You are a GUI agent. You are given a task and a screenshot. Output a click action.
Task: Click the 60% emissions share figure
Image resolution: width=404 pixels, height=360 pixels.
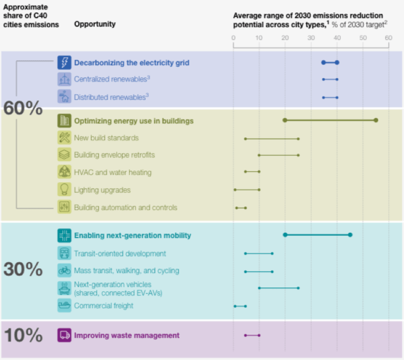pos(23,108)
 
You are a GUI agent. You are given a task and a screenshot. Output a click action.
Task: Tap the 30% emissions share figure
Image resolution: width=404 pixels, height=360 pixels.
pos(23,270)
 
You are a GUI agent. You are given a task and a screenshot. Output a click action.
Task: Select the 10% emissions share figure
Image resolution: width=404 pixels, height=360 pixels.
pos(23,335)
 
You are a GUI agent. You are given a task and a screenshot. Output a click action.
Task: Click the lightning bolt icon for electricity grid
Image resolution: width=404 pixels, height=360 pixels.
pos(64,63)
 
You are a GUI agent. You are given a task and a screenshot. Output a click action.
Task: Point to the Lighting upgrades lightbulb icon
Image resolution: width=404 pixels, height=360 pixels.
pos(64,190)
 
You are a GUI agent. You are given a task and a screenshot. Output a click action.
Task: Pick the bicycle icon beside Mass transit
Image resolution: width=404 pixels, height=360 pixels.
pos(64,271)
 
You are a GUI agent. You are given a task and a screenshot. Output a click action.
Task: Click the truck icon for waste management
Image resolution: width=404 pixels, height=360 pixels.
pos(64,335)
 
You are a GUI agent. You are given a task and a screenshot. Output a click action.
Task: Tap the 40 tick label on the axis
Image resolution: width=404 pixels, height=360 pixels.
pos(337,38)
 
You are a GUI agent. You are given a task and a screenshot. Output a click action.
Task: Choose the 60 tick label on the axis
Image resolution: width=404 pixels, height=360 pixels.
pos(388,38)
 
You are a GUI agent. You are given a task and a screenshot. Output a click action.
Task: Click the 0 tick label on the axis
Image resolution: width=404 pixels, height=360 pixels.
pos(234,38)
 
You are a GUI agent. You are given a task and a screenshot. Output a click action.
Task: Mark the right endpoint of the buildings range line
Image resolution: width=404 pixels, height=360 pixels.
pos(376,120)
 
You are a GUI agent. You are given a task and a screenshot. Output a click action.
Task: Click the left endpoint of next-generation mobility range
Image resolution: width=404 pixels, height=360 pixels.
pos(285,235)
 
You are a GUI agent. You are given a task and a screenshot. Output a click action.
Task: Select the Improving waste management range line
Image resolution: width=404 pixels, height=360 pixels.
pos(252,335)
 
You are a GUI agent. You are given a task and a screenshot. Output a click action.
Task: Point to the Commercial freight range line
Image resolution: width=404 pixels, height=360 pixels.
pos(240,306)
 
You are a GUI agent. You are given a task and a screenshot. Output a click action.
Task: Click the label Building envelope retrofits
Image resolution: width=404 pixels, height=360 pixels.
pos(114,155)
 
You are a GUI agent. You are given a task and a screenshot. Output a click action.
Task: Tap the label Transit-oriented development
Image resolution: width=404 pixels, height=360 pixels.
pos(120,254)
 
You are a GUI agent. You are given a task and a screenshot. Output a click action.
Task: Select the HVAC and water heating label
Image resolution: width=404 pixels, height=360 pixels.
pos(113,172)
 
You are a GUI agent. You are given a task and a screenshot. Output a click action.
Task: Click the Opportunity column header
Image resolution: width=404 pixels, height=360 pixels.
pos(95,24)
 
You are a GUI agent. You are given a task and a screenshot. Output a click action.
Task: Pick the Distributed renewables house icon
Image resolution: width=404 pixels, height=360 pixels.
pos(64,97)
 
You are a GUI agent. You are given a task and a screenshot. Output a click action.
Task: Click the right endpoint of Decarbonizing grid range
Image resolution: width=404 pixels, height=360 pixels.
pos(337,62)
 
